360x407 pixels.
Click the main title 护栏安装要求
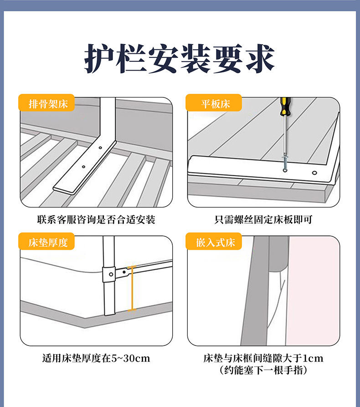point(180,58)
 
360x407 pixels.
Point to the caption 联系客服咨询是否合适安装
point(96,219)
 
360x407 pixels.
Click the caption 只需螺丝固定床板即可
point(263,219)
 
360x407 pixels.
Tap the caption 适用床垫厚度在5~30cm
point(96,358)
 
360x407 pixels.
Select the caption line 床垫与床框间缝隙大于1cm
point(263,358)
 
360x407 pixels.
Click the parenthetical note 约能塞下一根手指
point(263,370)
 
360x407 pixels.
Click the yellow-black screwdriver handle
point(285,107)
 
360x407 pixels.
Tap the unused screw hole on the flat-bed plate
point(314,173)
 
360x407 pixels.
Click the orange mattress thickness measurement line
point(132,288)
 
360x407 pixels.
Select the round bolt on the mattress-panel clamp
point(111,274)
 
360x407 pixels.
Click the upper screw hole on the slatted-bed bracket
point(100,148)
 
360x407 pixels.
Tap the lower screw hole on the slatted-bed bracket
point(84,167)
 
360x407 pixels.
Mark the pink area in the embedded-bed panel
point(313,291)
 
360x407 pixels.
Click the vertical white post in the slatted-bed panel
point(108,119)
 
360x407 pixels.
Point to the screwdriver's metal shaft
point(285,135)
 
